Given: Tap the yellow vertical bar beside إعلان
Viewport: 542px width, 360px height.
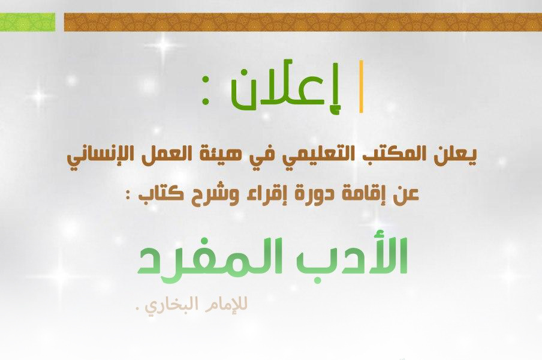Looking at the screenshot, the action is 361,86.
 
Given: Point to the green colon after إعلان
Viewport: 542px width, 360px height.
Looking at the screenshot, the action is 205,90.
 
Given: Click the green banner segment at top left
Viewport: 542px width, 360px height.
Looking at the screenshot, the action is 28,22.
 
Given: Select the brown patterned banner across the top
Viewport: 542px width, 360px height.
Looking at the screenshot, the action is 303,22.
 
